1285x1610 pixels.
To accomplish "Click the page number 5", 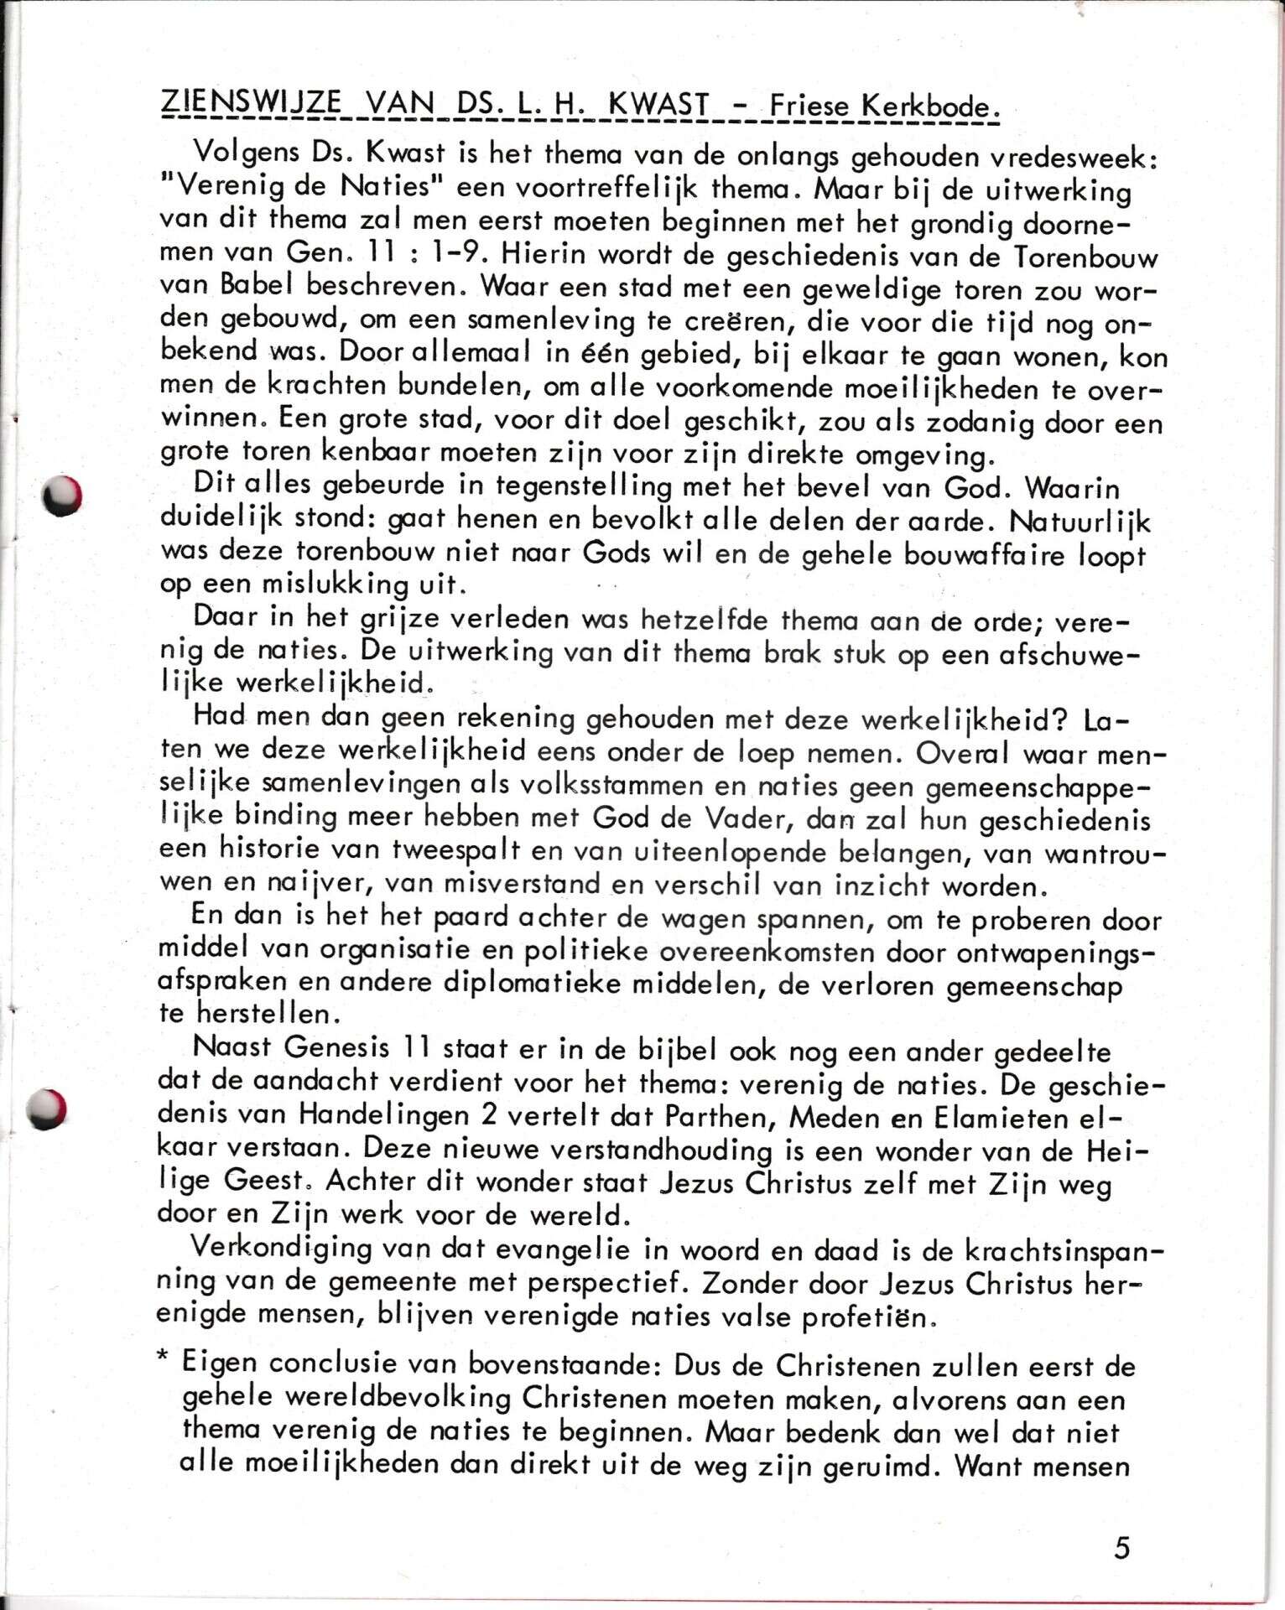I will point(1122,1546).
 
